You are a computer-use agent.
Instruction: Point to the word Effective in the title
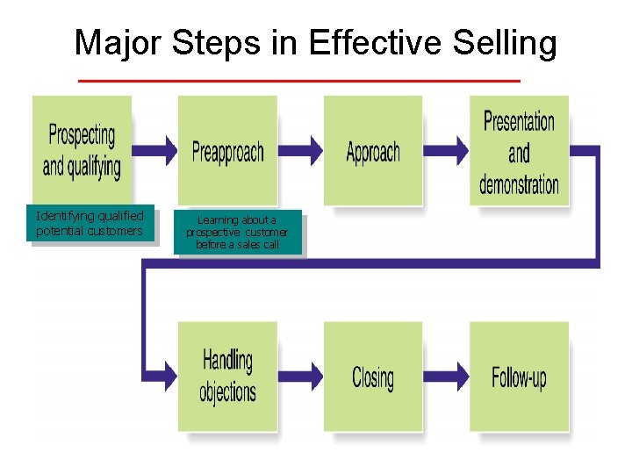(360, 42)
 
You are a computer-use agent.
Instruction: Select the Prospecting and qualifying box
(82, 150)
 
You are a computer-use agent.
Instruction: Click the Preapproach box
(227, 150)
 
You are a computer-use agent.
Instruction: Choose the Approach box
(373, 150)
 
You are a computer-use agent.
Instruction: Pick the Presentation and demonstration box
(519, 150)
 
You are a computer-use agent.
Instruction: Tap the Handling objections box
(227, 377)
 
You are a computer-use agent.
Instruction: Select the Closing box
(373, 377)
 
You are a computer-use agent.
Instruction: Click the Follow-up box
(519, 377)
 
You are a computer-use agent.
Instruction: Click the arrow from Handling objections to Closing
(300, 376)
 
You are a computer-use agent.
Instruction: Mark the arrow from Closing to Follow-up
(446, 376)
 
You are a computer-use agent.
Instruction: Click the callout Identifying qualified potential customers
(90, 223)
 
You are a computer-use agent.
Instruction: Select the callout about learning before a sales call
(236, 232)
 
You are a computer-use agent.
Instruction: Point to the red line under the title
(298, 81)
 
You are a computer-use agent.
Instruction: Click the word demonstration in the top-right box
(519, 184)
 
